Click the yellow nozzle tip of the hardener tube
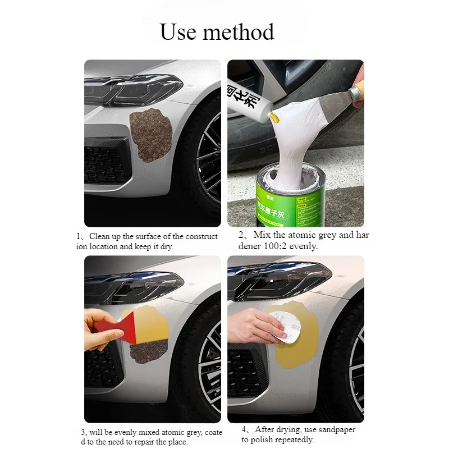pos(273,117)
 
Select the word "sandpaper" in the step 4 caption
pos(337,430)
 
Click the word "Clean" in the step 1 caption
pos(100,236)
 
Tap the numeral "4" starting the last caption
pos(244,430)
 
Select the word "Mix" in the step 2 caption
pos(262,236)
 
